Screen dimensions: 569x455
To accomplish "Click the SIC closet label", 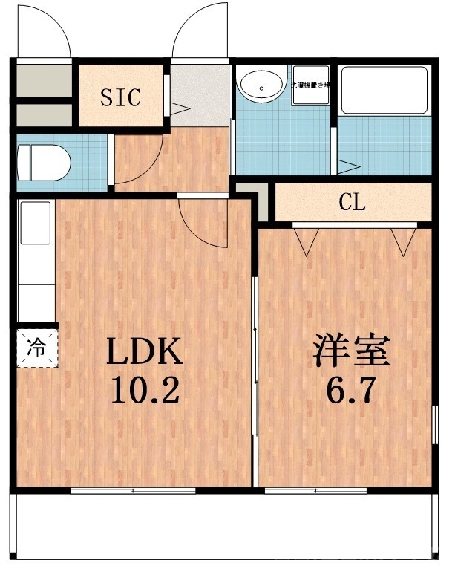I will pyautogui.click(x=121, y=98).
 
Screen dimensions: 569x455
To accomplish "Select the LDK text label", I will pyautogui.click(x=145, y=352).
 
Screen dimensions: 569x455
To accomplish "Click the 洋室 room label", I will pyautogui.click(x=352, y=352).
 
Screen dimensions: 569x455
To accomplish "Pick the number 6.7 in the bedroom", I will pyautogui.click(x=348, y=389).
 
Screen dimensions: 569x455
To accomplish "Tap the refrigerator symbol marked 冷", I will pyautogui.click(x=36, y=346).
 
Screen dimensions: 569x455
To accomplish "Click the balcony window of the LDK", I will pyautogui.click(x=134, y=491).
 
